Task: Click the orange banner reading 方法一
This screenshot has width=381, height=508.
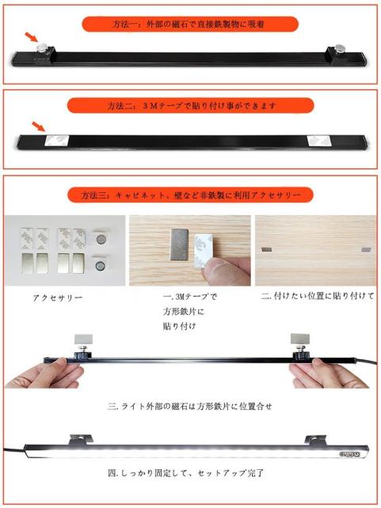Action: click(x=190, y=25)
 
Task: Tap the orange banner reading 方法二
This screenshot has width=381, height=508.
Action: click(x=191, y=105)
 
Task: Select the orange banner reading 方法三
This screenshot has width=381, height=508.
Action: click(x=190, y=195)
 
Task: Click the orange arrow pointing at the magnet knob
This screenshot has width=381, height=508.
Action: click(x=32, y=37)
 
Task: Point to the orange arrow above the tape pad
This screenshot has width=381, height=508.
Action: click(x=38, y=127)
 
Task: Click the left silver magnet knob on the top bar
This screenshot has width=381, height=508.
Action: click(x=42, y=48)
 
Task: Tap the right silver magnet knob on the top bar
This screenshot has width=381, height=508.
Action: click(x=340, y=48)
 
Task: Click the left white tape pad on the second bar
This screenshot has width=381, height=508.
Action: click(x=57, y=141)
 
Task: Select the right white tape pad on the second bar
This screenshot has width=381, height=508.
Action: click(x=319, y=141)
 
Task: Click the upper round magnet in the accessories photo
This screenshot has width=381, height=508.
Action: click(x=101, y=240)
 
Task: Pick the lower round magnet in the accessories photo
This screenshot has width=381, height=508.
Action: click(x=101, y=266)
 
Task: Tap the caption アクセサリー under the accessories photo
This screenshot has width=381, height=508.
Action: click(x=58, y=298)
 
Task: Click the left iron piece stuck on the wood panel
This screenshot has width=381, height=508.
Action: click(x=266, y=249)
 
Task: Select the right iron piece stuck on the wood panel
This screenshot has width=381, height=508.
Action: click(x=366, y=249)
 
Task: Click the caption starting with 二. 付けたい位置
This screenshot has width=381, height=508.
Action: click(x=318, y=296)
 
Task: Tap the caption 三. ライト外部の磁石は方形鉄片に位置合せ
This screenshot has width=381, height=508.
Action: click(x=189, y=406)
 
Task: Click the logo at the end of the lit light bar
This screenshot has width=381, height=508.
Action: click(x=349, y=454)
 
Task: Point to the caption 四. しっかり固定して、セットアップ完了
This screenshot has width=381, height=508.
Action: click(x=186, y=473)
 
